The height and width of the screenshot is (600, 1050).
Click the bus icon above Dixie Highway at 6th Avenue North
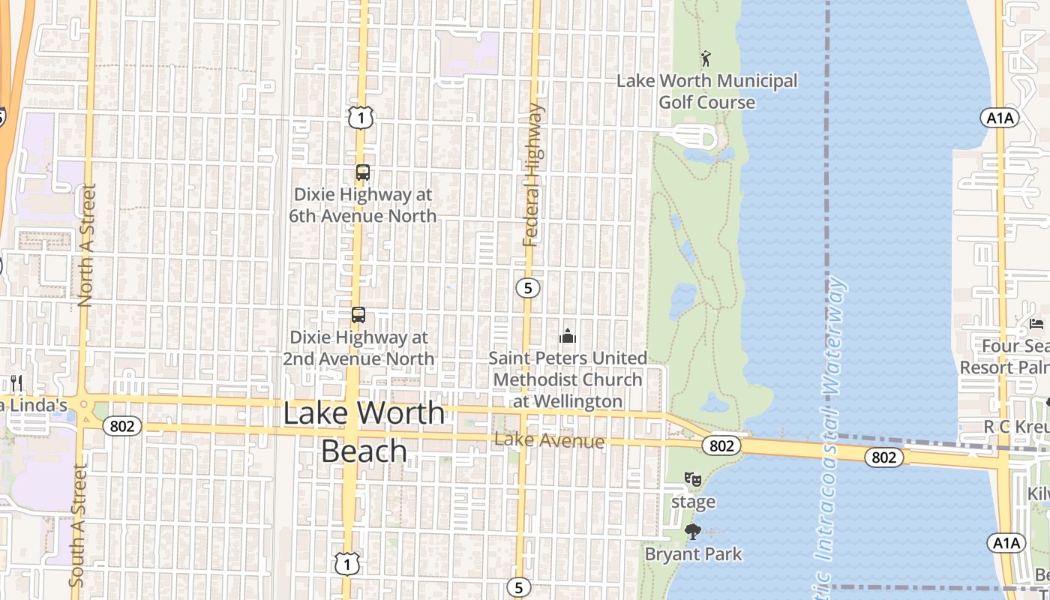tap(362, 173)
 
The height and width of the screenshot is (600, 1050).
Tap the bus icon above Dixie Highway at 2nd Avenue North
tap(358, 315)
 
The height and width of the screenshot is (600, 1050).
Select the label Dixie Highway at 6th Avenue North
tap(363, 205)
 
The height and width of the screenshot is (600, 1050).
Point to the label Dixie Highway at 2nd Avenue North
tap(359, 348)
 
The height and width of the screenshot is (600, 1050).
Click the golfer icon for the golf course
tap(705, 58)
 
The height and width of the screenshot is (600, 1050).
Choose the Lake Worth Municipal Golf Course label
tap(706, 91)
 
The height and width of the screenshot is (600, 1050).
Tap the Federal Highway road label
tap(532, 175)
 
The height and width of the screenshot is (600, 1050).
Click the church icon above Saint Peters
tap(568, 336)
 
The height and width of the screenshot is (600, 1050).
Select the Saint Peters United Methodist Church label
tap(568, 379)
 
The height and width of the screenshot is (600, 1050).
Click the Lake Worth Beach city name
tap(364, 432)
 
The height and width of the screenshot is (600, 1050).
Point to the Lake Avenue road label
tap(550, 441)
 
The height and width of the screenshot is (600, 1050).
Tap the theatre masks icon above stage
tap(693, 478)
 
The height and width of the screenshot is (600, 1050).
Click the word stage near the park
tap(693, 502)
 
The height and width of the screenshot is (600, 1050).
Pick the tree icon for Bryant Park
tap(693, 532)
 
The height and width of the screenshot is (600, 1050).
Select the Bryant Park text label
tap(694, 554)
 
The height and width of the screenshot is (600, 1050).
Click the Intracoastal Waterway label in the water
tap(831, 420)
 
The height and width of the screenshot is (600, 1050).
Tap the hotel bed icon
tap(1036, 324)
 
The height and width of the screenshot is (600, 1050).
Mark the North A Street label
tap(85, 245)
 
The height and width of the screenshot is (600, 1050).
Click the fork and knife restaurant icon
tap(16, 383)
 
